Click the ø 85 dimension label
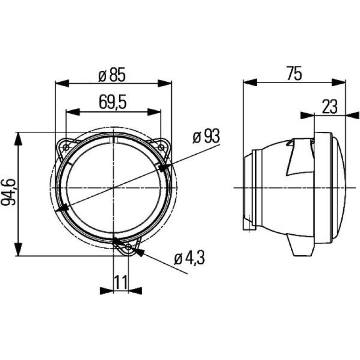tap(112, 75)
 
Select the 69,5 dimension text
tap(113, 102)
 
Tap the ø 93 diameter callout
tap(206, 137)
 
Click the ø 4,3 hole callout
tap(189, 259)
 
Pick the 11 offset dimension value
tap(121, 282)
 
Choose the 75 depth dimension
tap(294, 73)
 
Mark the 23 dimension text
tap(330, 107)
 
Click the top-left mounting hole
tap(66, 148)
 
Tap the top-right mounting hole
tap(161, 148)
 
